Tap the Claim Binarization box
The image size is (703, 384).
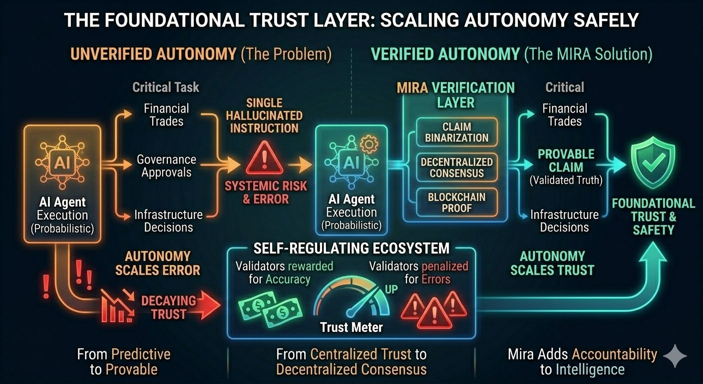pos(456,132)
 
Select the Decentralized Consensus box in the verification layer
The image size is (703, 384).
pos(456,167)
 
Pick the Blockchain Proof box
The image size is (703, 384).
pos(456,202)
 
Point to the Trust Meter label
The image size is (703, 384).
pos(351,327)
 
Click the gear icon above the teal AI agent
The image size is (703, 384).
pos(368,144)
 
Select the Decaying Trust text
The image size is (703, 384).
pos(168,307)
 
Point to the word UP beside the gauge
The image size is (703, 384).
pos(391,289)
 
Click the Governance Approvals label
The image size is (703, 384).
pos(166,166)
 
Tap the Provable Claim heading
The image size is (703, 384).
pos(566,160)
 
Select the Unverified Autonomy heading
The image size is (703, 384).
pos(153,54)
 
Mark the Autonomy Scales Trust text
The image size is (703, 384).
pos(552,263)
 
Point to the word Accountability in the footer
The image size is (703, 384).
pos(614,354)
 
